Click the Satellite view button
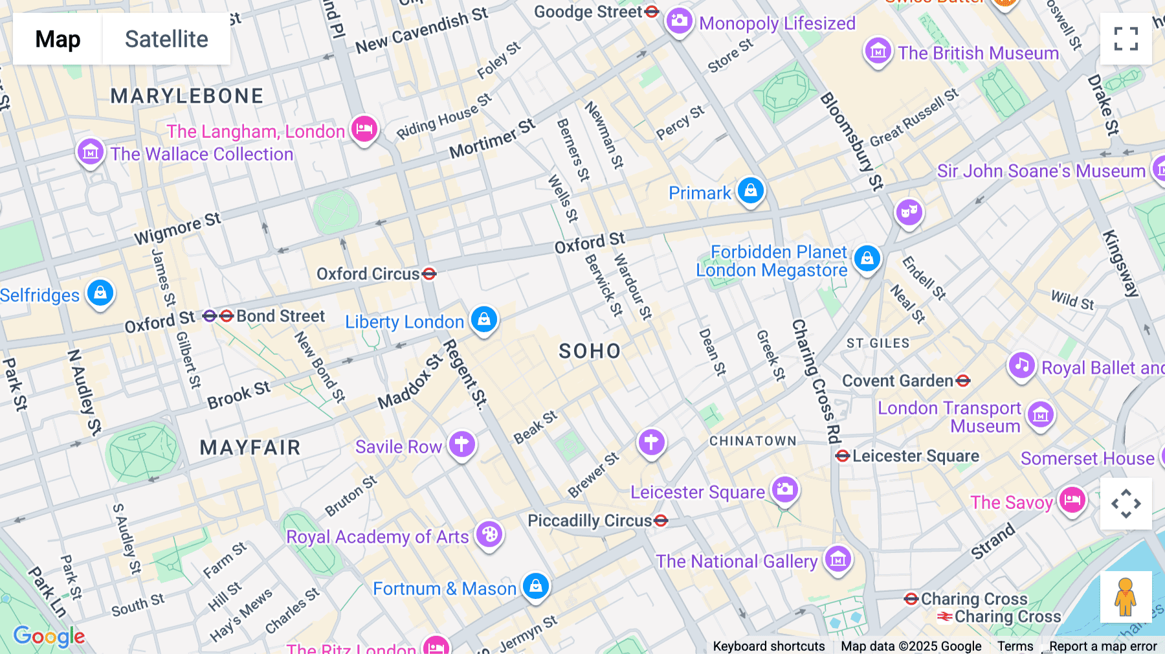click(166, 39)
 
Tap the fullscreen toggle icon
click(1126, 39)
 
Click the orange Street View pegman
click(1126, 596)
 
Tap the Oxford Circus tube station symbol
click(429, 274)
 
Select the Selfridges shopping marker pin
click(100, 293)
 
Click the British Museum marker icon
click(878, 51)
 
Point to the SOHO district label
click(590, 352)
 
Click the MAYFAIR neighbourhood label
click(250, 447)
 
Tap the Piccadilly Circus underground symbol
click(661, 521)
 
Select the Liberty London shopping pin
click(484, 319)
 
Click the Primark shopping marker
click(751, 191)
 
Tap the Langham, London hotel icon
click(364, 129)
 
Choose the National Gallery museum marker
click(838, 559)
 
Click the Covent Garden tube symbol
click(963, 381)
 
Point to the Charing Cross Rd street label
click(817, 382)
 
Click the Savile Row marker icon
click(462, 445)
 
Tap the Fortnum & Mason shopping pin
click(536, 586)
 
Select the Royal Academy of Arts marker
click(489, 535)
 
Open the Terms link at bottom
click(1015, 646)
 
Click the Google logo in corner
click(49, 637)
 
